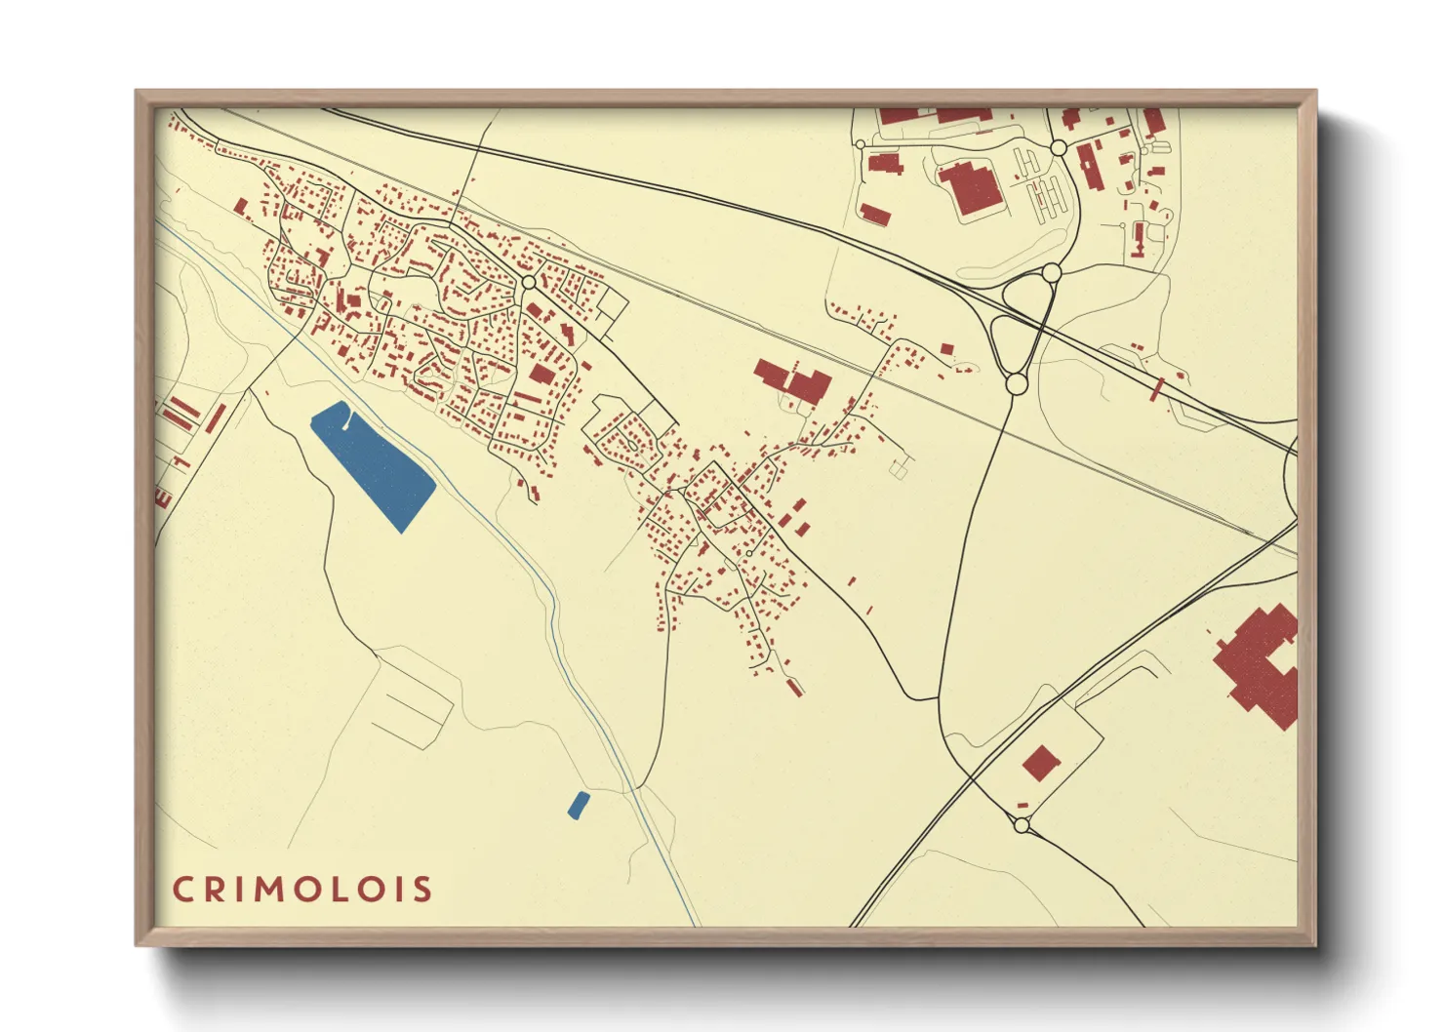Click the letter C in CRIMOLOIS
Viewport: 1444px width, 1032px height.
[182, 890]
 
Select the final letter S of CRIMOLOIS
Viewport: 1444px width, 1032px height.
[421, 890]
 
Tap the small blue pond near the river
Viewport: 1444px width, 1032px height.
[579, 805]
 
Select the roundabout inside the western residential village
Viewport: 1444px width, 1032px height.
[528, 282]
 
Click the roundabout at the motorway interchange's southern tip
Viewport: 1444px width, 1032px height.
[1016, 384]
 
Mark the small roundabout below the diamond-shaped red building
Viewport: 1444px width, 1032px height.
[1022, 825]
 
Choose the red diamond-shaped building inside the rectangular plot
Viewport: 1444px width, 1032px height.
[1041, 763]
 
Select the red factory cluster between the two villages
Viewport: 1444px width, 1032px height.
[794, 382]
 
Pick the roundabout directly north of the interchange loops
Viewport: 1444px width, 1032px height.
[1052, 273]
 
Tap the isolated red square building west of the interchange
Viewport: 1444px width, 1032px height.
[945, 348]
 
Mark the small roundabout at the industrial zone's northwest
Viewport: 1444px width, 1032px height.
[861, 144]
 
